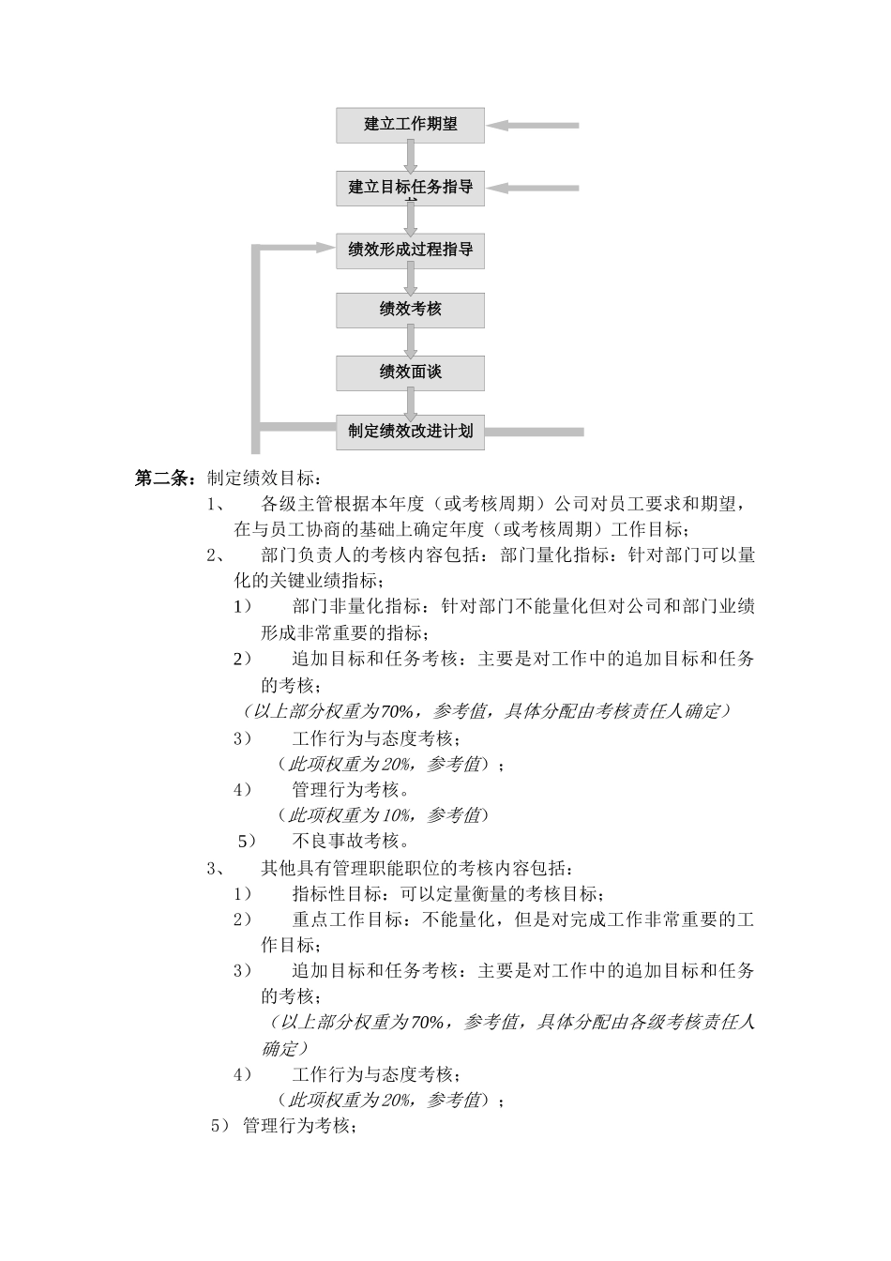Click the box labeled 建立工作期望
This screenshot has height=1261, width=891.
[x=410, y=125]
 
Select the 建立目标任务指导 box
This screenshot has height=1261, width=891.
[x=410, y=187]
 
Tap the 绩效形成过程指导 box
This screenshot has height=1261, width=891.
[x=410, y=251]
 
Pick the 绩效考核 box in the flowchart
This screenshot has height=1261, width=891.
[x=410, y=310]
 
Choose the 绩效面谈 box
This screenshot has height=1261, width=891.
[x=410, y=372]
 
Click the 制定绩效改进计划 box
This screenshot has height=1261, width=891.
[x=410, y=432]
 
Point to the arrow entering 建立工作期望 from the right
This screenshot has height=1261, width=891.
[x=535, y=125]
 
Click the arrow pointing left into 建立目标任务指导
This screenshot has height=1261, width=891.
[x=535, y=188]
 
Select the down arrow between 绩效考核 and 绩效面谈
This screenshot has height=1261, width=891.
[x=410, y=342]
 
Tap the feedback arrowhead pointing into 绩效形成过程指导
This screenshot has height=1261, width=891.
[x=324, y=248]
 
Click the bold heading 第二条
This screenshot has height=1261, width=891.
[x=165, y=479]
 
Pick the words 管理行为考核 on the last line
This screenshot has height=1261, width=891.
[x=294, y=1126]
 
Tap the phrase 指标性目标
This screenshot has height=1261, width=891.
[x=337, y=893]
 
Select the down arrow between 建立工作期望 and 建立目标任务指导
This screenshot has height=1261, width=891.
[x=410, y=157]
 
